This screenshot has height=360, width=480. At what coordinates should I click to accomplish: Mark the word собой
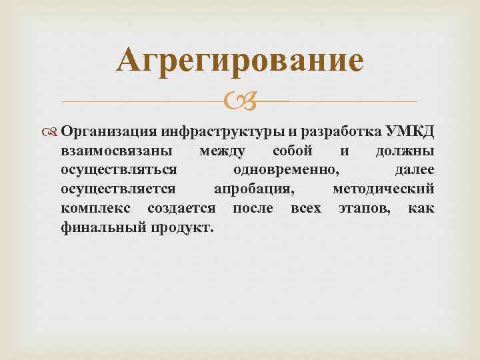[x=293, y=151]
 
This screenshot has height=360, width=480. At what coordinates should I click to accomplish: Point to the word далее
[x=415, y=170]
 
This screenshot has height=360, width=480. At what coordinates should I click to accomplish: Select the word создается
[x=181, y=209]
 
